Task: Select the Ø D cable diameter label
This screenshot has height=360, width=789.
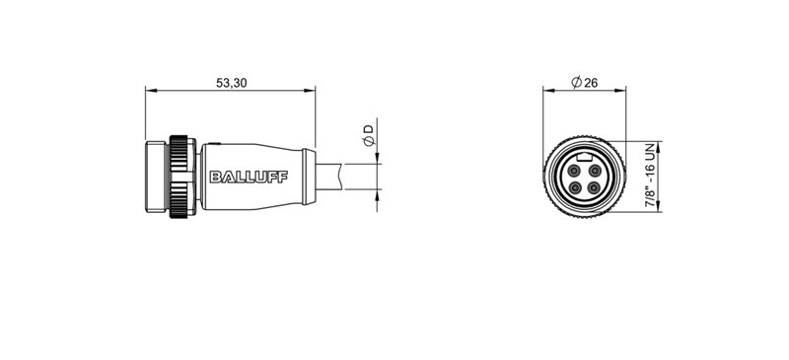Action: pos(368,136)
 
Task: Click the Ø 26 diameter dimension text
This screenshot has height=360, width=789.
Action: pos(585,83)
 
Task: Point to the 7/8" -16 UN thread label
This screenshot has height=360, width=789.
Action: pos(650,175)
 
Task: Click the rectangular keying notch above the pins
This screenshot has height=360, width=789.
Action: pos(584,156)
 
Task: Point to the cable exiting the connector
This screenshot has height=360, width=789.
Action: pos(345,178)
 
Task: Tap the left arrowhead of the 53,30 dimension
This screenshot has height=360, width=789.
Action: pos(150,92)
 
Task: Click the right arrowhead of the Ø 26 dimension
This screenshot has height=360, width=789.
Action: pos(621,92)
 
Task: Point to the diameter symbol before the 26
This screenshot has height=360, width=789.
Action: pos(575,83)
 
